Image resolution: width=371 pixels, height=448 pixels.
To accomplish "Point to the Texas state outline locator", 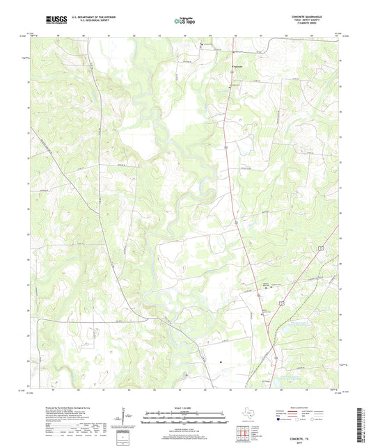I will [247, 411].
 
